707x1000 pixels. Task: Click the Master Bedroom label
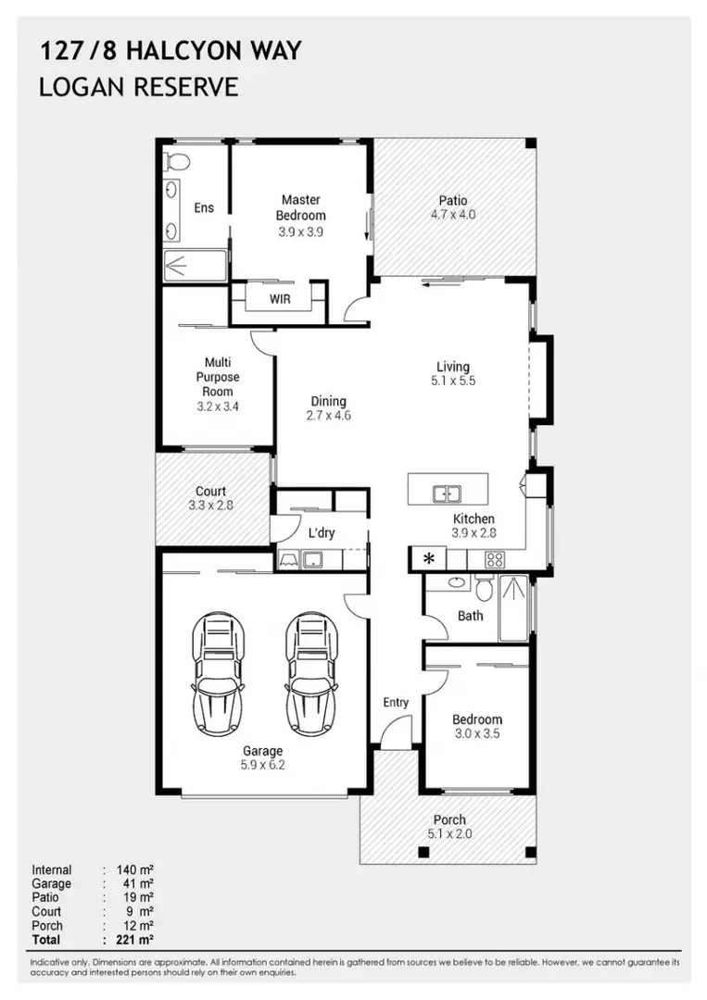click(x=300, y=207)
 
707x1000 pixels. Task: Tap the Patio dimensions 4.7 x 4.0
click(x=453, y=215)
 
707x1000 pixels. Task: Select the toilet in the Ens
click(x=175, y=162)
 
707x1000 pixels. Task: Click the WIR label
click(x=280, y=299)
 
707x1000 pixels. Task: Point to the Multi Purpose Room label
click(x=217, y=377)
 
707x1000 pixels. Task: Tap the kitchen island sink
click(x=448, y=494)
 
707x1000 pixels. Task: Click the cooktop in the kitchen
click(x=495, y=559)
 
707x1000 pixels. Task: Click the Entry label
click(x=396, y=703)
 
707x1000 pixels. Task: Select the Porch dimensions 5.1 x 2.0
click(x=449, y=833)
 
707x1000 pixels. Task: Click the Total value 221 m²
click(x=135, y=940)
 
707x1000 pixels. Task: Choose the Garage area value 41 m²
click(x=135, y=884)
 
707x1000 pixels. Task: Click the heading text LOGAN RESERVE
click(x=139, y=87)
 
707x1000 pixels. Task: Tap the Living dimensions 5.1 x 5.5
click(x=453, y=381)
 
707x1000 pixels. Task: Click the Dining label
click(x=328, y=401)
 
